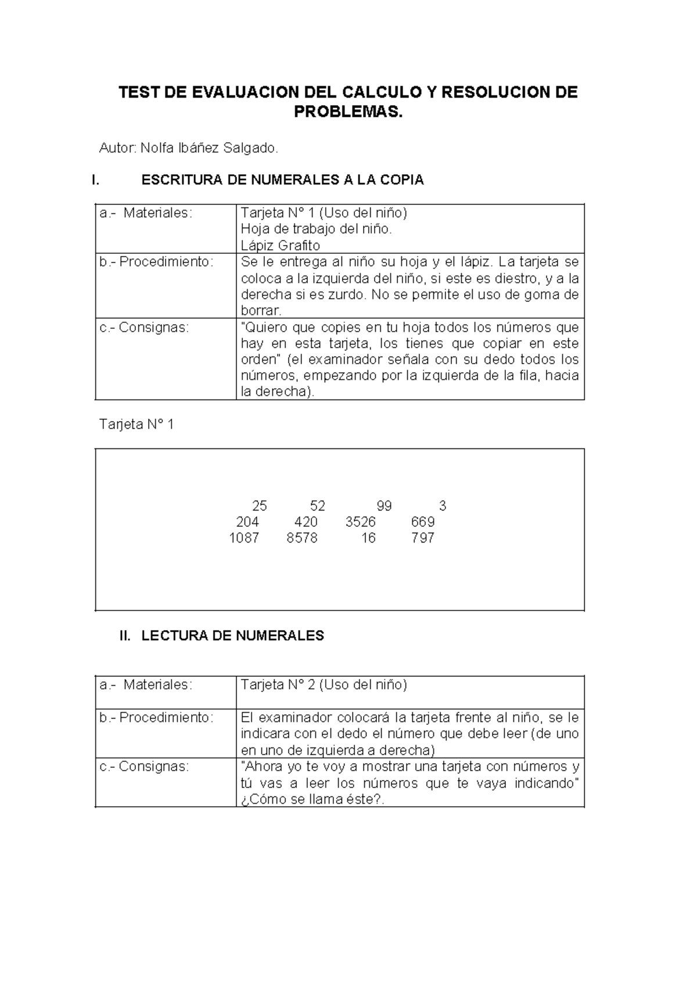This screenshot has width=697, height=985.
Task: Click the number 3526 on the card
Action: (360, 522)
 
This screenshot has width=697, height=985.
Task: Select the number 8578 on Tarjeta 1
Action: (302, 538)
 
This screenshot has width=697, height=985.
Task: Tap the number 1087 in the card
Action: (244, 538)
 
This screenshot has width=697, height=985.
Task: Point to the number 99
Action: (384, 506)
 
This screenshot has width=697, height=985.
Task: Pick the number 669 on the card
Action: (423, 522)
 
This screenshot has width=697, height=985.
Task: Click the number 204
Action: (247, 522)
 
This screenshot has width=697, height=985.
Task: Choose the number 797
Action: (423, 538)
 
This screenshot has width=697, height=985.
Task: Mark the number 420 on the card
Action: (306, 522)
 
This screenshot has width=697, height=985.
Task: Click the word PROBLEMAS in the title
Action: (347, 112)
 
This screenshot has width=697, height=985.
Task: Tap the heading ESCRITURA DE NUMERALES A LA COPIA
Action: (283, 180)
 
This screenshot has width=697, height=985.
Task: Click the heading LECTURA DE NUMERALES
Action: (232, 635)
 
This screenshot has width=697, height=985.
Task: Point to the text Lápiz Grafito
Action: (281, 245)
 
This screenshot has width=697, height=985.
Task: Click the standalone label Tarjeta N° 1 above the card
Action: (136, 425)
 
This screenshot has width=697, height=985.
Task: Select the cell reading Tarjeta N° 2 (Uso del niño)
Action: (324, 685)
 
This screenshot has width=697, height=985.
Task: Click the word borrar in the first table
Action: (261, 310)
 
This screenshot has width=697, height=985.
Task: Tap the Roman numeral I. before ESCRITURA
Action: (96, 180)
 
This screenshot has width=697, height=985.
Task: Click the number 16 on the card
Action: (368, 538)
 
